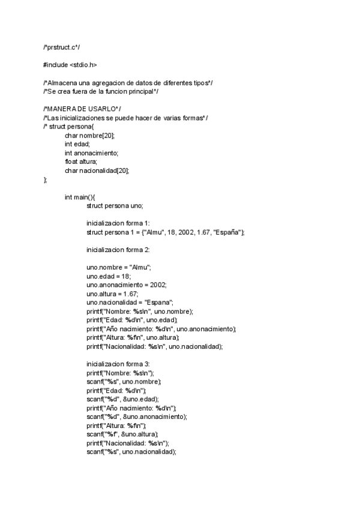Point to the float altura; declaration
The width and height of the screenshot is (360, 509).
[81, 161]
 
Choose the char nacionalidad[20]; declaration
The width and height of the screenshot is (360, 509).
[97, 170]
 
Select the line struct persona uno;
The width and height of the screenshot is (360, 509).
[115, 205]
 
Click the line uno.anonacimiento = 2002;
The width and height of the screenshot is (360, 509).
[127, 285]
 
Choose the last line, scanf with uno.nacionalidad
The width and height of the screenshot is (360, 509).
[131, 452]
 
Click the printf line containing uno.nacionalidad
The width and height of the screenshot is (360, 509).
[155, 346]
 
